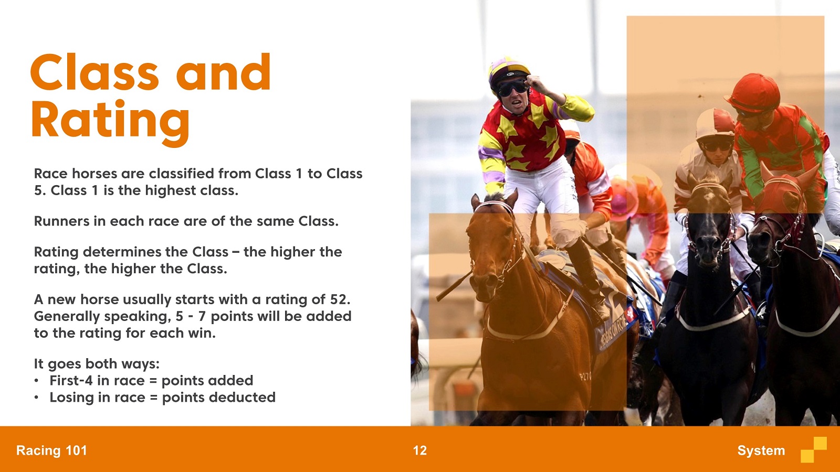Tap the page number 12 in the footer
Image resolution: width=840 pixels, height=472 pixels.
(x=420, y=450)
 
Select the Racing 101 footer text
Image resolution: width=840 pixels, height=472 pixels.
(x=51, y=450)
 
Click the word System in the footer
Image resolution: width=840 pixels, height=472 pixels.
(x=761, y=450)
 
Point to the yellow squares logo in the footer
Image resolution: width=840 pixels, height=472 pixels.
(x=814, y=449)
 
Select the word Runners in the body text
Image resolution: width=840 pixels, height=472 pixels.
(x=62, y=221)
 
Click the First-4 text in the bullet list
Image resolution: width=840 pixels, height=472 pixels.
(x=71, y=381)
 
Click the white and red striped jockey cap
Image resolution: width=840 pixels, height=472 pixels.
(x=715, y=124)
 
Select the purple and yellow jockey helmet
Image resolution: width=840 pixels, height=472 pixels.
(x=508, y=71)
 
